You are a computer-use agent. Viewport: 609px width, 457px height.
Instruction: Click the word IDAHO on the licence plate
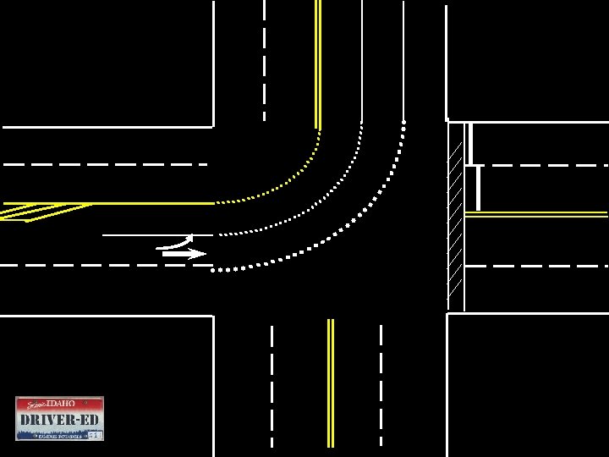click(61, 404)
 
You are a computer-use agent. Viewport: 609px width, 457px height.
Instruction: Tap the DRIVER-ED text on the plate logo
click(59, 420)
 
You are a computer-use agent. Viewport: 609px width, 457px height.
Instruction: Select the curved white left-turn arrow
click(176, 243)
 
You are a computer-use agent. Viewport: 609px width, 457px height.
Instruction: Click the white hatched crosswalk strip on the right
click(455, 216)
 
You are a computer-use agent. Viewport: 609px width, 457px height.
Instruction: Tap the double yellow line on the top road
click(318, 59)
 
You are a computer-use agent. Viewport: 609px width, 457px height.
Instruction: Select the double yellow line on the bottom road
click(331, 381)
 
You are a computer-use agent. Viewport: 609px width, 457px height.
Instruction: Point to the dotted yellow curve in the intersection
click(288, 183)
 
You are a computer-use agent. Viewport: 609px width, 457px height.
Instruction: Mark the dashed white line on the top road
click(264, 59)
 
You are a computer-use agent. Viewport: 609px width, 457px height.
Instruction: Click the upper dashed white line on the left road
click(101, 163)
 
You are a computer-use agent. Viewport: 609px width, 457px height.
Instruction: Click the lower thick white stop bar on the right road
click(479, 188)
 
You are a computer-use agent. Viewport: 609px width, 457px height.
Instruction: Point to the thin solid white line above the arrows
click(144, 234)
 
